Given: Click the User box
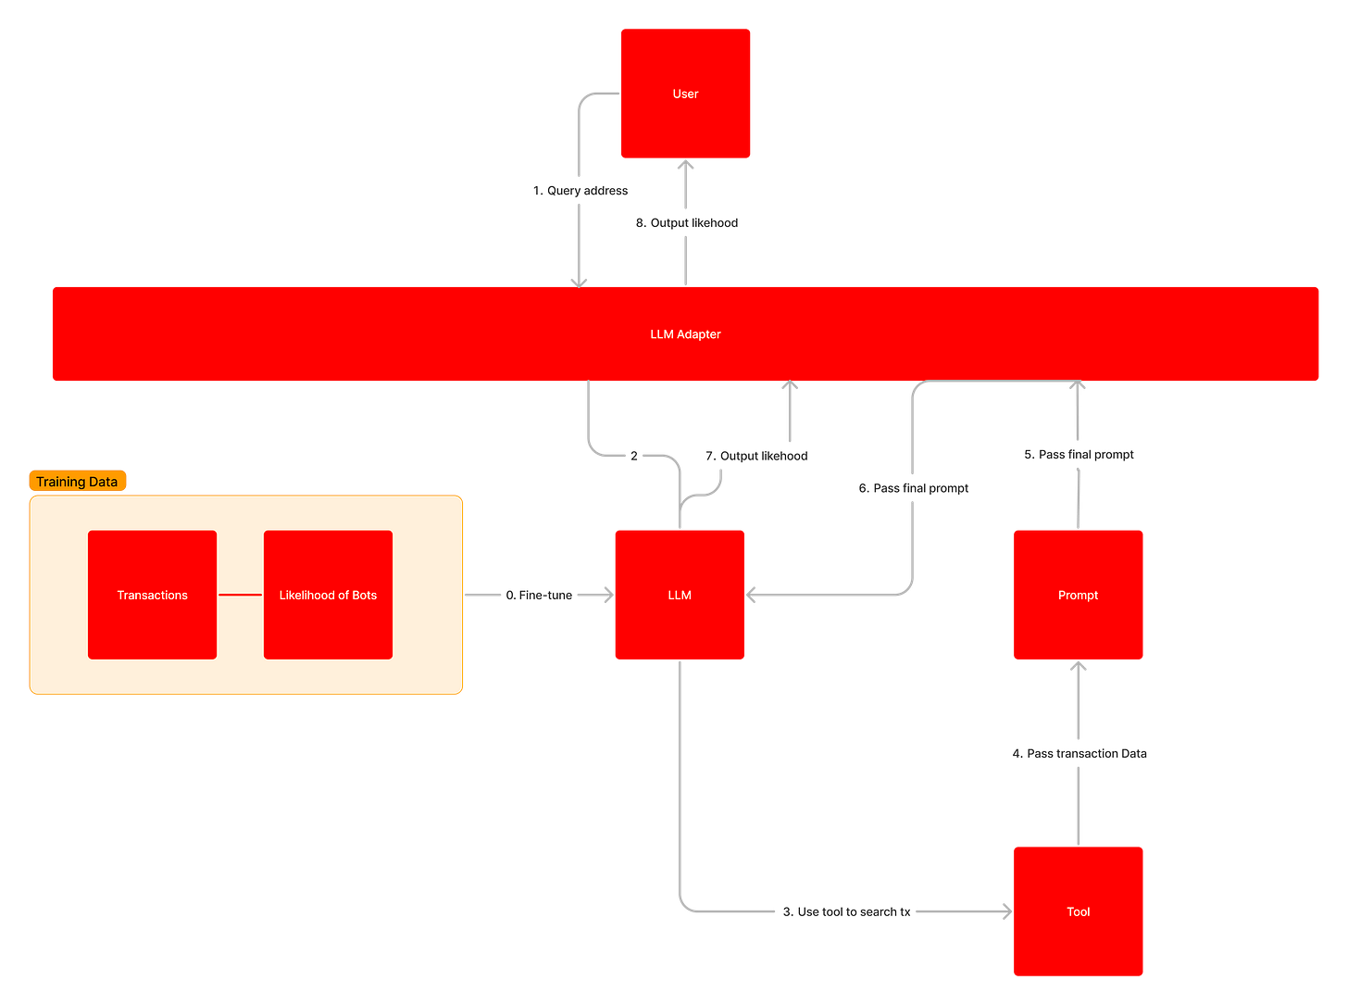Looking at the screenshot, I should click(685, 93).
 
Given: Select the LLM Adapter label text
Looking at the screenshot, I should click(685, 334).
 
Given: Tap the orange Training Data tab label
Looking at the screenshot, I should click(77, 482).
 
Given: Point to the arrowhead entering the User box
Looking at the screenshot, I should click(685, 167).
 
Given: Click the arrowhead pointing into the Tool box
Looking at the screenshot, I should click(1005, 911).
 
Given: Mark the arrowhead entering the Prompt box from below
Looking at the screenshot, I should click(1078, 669).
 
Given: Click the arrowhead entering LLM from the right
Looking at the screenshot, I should click(753, 595).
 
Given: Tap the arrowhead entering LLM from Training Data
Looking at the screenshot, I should click(607, 595).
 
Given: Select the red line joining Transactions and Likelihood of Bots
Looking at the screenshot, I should click(240, 595).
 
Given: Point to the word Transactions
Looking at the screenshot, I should click(152, 595).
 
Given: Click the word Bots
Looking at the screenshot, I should click(364, 595).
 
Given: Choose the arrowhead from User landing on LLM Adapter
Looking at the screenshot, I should click(580, 280).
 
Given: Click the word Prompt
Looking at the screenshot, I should click(1078, 595).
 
